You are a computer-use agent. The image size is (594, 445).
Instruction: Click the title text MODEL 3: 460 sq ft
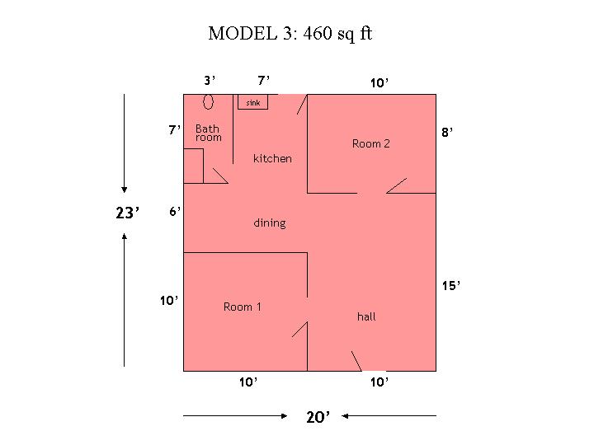pos(290,33)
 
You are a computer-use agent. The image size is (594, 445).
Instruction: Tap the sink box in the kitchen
pos(252,102)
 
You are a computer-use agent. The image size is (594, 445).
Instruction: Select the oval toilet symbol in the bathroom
pos(208,101)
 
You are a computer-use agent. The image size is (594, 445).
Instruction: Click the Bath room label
pos(208,133)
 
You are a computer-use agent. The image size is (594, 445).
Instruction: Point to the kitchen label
pos(272,158)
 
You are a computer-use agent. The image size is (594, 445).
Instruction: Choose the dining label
pos(269,222)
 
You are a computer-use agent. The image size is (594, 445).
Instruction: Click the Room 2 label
pos(371,143)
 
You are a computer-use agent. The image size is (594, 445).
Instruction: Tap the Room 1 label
pos(242,307)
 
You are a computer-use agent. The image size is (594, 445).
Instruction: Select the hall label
pos(366,316)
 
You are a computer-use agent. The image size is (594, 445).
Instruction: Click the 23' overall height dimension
pos(127,213)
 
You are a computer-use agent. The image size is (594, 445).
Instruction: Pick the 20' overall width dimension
pos(318,417)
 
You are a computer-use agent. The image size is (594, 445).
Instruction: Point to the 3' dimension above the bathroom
pos(210,81)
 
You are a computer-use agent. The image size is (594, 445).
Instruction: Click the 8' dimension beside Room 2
pos(447,132)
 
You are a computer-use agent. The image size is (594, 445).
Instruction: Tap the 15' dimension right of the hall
pos(451,285)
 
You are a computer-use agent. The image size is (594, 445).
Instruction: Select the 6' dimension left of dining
pos(175,211)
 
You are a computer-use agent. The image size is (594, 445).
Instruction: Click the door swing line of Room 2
pos(396,185)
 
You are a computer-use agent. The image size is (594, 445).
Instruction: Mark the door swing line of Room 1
pos(299,329)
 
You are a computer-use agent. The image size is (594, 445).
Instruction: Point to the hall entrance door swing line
pos(356,361)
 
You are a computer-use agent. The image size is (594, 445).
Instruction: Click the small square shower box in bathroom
pos(194,166)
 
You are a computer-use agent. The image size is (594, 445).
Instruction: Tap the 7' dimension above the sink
pos(263,81)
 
